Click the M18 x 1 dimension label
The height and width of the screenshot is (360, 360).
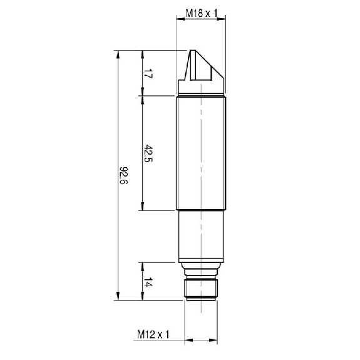pos(201,13)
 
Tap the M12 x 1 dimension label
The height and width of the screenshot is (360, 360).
pos(153,334)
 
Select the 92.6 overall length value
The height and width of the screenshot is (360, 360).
pos(124,175)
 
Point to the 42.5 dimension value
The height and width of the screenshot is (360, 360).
pos(148,153)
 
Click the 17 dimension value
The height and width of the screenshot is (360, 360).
pos(148,74)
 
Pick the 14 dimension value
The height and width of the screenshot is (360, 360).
pos(148,282)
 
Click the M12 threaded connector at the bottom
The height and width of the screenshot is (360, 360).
pos(201,289)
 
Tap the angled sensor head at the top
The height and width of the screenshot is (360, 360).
pos(201,71)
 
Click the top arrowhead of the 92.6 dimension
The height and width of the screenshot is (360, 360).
pos(118,54)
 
